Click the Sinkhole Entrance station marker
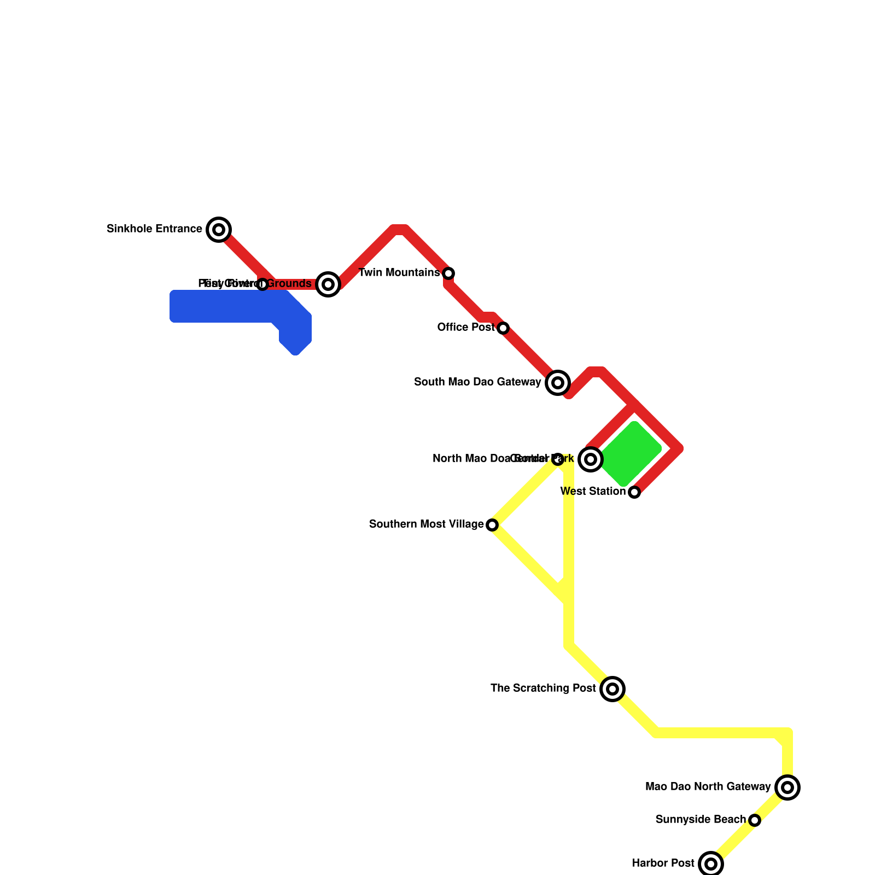[x=219, y=230]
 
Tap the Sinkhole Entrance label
[x=155, y=229]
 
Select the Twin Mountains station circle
[x=448, y=273]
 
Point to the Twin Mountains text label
[x=399, y=273]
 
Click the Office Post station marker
[x=503, y=328]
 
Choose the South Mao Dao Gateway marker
[x=558, y=383]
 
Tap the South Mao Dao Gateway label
[x=477, y=382]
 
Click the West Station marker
[x=634, y=492]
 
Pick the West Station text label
[x=593, y=492]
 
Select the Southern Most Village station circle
[x=492, y=525]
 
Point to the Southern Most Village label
[x=427, y=524]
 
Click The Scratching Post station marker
[x=612, y=689]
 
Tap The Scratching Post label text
[x=543, y=689]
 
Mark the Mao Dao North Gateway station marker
[x=787, y=787]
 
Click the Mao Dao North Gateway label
[x=708, y=787]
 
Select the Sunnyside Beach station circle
[x=755, y=820]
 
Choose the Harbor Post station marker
[x=711, y=864]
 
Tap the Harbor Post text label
[x=663, y=864]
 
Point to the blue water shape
[x=230, y=307]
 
